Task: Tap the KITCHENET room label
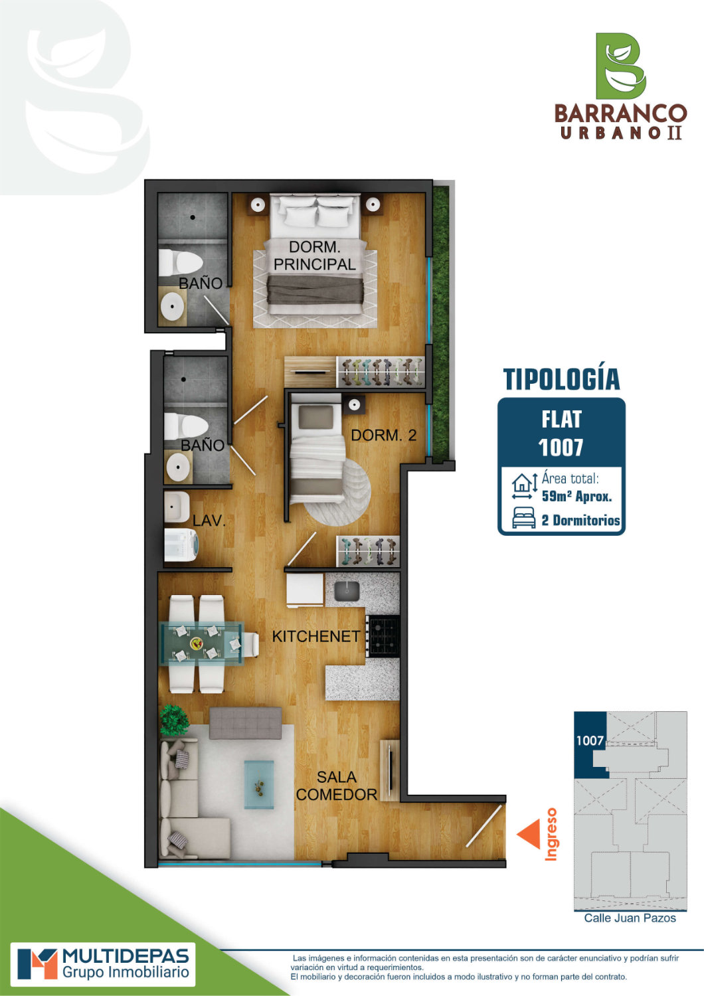(315, 636)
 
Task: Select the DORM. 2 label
(383, 435)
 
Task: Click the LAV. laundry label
(209, 521)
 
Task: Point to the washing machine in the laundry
(181, 544)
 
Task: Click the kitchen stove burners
(383, 636)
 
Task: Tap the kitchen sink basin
(347, 591)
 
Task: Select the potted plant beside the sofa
(174, 720)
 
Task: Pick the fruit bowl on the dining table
(197, 643)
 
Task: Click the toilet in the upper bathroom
(180, 262)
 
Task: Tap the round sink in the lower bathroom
(179, 467)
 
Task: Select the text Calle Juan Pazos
(630, 918)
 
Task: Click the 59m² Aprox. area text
(576, 496)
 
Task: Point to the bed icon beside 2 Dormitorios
(524, 518)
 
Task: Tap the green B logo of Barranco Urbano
(620, 66)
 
